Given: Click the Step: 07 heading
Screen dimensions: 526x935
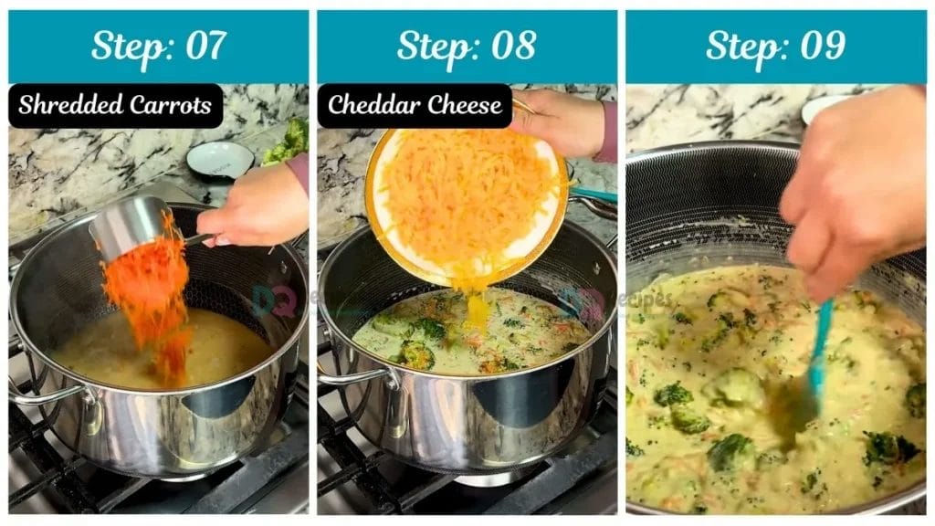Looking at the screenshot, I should click(x=158, y=46).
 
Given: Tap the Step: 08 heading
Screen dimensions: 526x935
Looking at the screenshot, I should click(x=467, y=46).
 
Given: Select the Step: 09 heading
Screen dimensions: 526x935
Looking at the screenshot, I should click(x=775, y=46).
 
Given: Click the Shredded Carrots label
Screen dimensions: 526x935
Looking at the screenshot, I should click(x=115, y=105).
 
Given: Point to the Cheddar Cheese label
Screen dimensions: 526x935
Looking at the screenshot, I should click(x=414, y=105).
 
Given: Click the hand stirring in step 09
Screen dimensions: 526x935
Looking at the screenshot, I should click(x=849, y=201).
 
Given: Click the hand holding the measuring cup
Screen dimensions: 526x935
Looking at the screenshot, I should click(x=256, y=205).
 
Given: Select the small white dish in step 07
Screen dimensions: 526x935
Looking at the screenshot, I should click(x=219, y=159).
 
